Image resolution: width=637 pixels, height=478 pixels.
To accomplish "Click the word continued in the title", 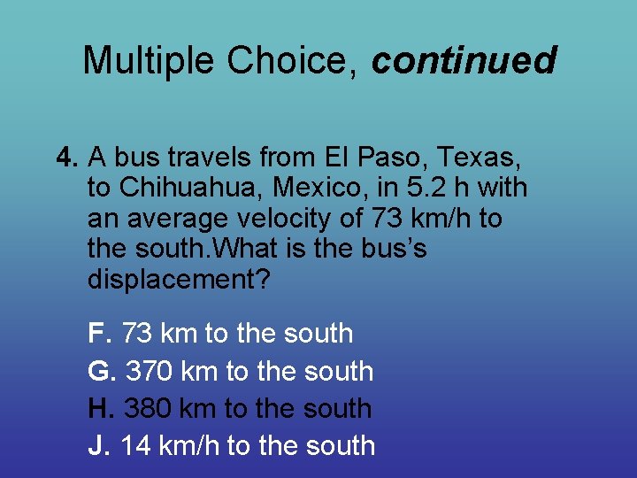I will click(464, 61).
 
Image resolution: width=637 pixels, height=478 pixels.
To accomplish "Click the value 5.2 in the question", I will click(435, 188).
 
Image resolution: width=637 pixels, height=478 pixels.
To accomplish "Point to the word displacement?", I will click(178, 280).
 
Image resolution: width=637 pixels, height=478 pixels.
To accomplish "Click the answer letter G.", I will click(101, 371).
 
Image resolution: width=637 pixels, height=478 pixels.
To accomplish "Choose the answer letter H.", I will click(100, 408).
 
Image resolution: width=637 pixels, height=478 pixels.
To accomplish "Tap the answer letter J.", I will click(97, 445).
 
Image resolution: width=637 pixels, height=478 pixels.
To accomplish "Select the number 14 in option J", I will click(135, 445).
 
